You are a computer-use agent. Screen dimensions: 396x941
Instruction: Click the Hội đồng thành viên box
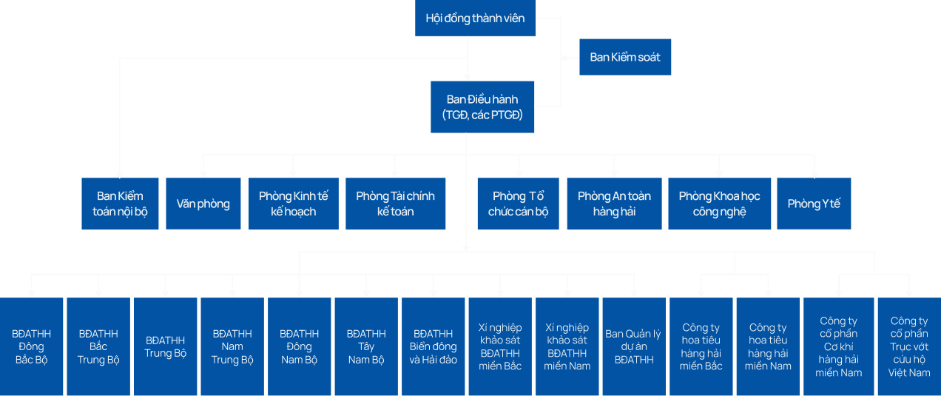(475, 18)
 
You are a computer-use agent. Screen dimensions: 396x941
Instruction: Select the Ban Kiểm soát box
(625, 57)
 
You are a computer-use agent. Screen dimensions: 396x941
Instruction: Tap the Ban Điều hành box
(482, 107)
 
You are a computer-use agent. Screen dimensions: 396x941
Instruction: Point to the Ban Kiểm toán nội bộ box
(120, 204)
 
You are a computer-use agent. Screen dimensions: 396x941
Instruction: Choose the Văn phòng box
(203, 204)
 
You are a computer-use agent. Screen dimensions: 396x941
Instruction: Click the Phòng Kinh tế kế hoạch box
(294, 204)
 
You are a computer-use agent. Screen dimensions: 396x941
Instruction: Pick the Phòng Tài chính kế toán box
(396, 204)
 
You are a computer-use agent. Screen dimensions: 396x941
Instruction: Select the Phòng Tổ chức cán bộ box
(518, 204)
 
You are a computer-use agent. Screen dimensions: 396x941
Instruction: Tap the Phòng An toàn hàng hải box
(614, 204)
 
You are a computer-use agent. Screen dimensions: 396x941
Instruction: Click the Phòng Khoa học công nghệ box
(720, 204)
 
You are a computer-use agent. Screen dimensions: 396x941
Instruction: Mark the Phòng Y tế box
(814, 204)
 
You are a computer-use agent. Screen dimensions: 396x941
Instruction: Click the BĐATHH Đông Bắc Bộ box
(31, 346)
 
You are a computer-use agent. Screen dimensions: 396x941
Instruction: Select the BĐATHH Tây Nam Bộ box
(366, 346)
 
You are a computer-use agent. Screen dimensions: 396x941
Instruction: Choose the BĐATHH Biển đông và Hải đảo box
(434, 346)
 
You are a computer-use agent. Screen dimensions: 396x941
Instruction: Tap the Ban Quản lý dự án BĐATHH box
(634, 346)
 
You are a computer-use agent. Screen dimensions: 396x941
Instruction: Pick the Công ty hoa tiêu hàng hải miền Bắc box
(701, 346)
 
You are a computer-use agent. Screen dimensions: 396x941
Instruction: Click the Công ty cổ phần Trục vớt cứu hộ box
(909, 346)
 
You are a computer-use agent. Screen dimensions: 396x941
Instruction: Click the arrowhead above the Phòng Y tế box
(814, 174)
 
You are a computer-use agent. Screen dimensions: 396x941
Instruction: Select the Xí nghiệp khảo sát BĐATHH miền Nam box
(567, 346)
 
